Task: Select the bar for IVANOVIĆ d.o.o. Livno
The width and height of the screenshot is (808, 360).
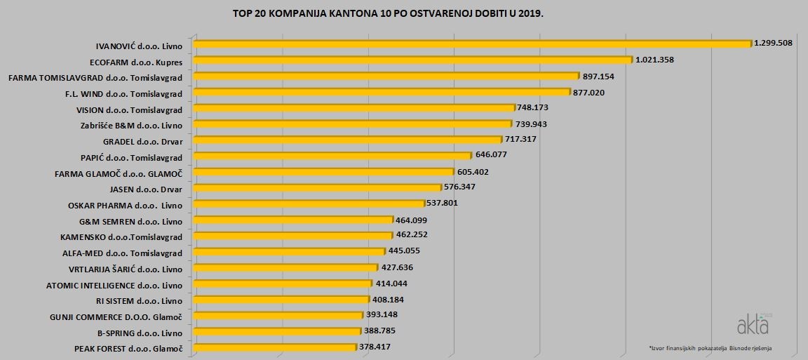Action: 471,44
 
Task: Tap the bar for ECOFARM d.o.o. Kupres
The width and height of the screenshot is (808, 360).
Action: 412,60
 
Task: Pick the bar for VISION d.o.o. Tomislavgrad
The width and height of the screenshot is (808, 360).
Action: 353,108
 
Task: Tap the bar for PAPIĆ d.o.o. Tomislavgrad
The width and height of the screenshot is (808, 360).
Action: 332,155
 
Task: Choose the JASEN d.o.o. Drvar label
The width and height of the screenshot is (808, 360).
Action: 146,189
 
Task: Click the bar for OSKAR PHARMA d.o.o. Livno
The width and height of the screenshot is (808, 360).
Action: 309,204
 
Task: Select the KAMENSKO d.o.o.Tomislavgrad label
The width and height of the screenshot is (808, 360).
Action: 121,237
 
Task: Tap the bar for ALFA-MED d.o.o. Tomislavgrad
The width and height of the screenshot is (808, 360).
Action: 288,251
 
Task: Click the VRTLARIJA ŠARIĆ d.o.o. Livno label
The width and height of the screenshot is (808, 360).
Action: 126,269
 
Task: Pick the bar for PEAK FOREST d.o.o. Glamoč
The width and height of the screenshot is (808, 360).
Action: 274,347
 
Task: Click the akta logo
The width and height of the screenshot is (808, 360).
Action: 753,325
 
